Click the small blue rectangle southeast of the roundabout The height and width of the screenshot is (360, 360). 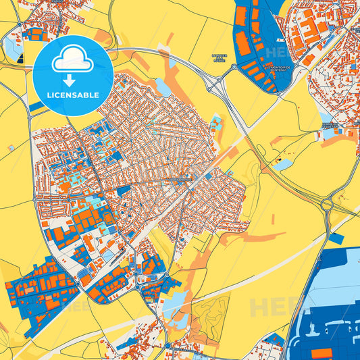click(337, 238)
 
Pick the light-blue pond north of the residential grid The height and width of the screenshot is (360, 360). click(163, 87)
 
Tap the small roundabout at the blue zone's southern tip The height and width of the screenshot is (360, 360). click(168, 346)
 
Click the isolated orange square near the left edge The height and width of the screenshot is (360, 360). click(9, 147)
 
